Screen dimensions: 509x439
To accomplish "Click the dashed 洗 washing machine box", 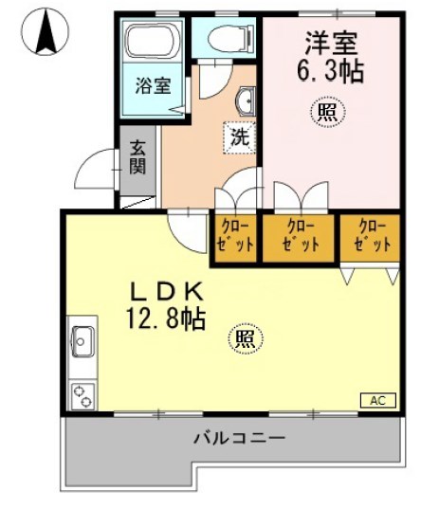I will click(240, 136).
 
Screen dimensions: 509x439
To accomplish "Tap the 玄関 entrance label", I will click(137, 158).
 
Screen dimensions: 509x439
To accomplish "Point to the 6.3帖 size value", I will click(329, 70).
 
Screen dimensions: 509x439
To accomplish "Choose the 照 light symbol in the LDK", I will click(244, 338).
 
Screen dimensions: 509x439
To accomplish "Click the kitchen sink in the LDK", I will click(81, 339).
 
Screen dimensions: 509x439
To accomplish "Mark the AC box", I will click(376, 401).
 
